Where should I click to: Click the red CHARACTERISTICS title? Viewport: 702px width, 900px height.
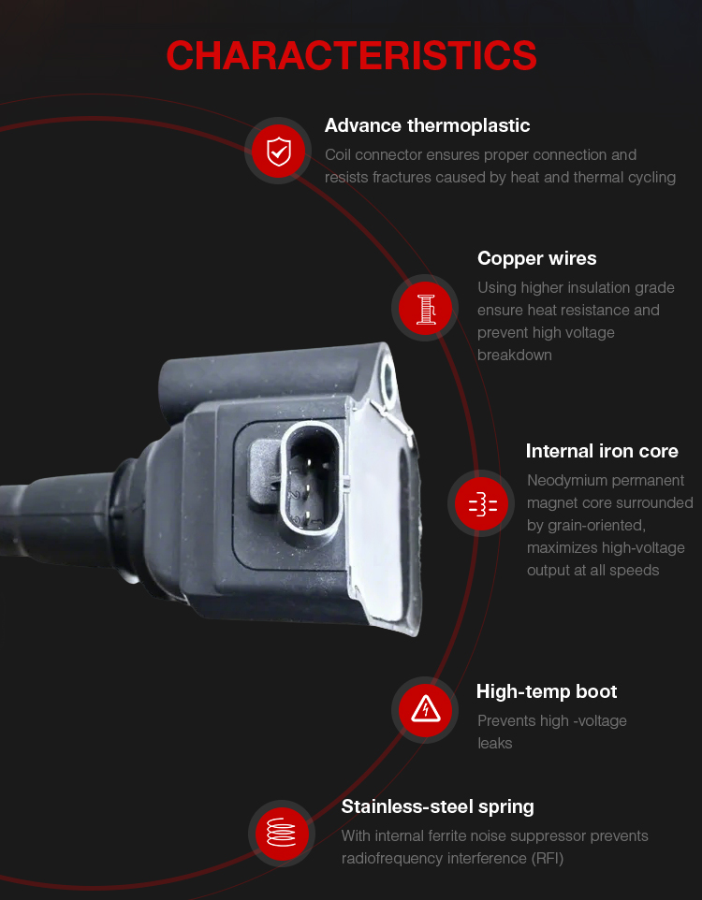[351, 56]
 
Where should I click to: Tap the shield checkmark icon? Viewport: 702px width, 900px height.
[279, 152]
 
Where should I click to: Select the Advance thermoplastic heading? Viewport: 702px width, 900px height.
[427, 125]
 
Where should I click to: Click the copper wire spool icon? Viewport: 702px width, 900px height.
[425, 308]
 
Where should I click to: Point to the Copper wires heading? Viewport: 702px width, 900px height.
[536, 259]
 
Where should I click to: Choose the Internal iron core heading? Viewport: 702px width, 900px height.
[602, 451]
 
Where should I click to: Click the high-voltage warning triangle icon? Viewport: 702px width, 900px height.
[425, 710]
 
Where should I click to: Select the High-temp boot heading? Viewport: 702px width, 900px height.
[547, 691]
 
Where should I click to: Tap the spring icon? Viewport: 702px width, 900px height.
[281, 833]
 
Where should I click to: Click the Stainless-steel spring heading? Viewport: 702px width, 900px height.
[437, 807]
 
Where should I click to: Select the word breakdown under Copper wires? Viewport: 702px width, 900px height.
[514, 356]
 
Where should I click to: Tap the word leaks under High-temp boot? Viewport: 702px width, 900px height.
[494, 744]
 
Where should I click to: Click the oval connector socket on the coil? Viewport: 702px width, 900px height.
[310, 479]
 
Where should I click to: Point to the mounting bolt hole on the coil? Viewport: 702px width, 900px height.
[389, 380]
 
